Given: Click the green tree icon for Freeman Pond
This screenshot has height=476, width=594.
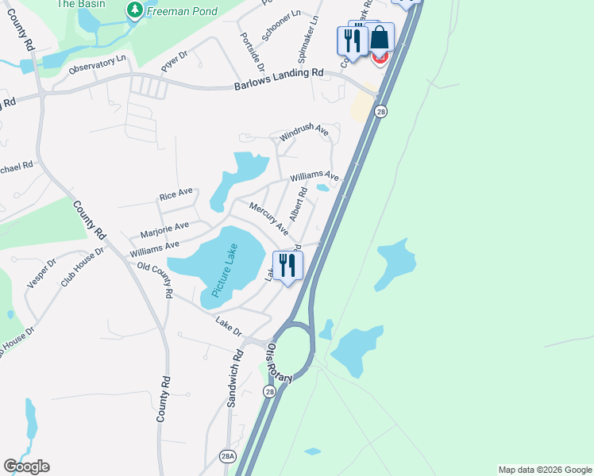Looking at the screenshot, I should coord(135,10).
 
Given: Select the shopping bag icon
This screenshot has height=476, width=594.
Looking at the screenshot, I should coord(380,38).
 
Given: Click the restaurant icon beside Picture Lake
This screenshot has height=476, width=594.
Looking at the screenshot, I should coord(287,266).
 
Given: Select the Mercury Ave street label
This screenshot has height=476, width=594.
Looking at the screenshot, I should coord(268,218).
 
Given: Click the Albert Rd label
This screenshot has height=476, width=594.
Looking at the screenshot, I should coord(298,205).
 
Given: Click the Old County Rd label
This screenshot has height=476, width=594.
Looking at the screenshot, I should coord(155,280).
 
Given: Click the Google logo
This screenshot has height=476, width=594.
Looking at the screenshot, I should coord(26,466).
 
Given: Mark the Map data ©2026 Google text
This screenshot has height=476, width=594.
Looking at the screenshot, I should coord(545,470).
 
